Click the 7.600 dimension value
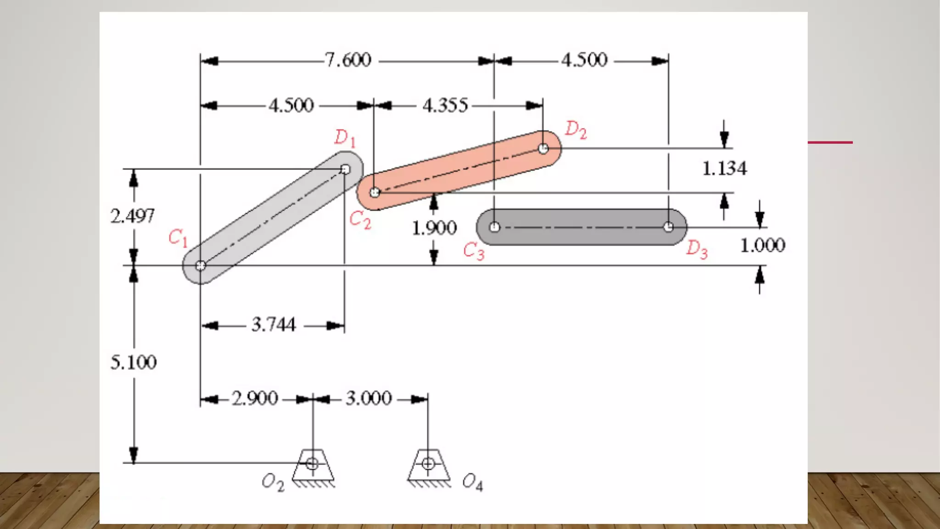348,60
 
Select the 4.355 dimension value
445,106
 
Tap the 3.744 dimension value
274,325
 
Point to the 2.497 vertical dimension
132,216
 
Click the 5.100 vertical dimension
133,362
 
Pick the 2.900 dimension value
255,398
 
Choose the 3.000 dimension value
369,398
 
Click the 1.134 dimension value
724,169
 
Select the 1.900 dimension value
434,228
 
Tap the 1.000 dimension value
762,245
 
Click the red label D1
345,137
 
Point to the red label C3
473,251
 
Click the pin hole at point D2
543,148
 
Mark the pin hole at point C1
201,265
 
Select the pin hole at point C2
375,192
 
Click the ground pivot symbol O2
313,466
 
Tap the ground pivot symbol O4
428,466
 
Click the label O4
472,482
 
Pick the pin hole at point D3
668,227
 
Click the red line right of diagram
830,142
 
